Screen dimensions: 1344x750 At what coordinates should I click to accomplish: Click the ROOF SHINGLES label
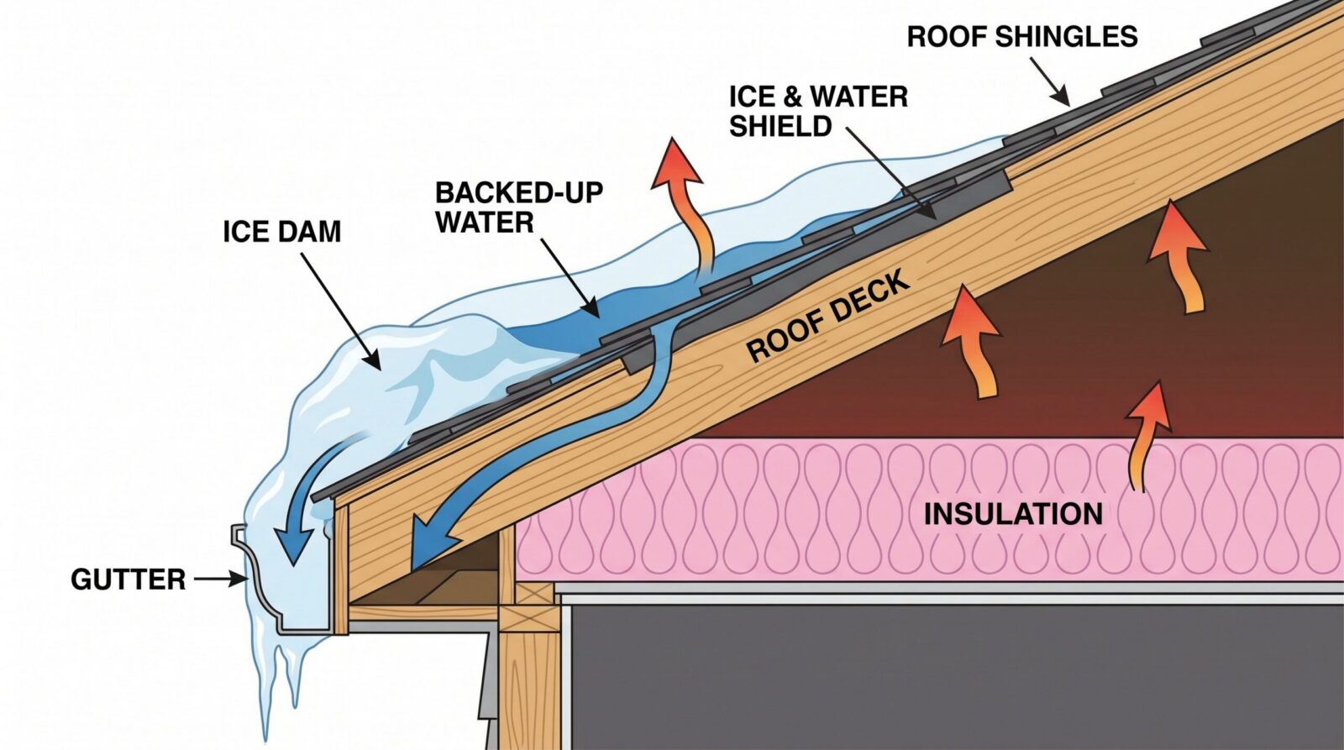tap(1021, 37)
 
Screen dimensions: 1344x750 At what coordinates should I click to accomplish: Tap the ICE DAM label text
tap(282, 232)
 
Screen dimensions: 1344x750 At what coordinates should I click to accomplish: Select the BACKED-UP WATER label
tap(519, 207)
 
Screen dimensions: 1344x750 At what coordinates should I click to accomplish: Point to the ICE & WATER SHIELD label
tap(818, 112)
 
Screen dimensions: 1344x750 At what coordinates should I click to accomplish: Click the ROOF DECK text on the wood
tap(828, 316)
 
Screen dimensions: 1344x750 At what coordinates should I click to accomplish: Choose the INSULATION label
tap(1013, 514)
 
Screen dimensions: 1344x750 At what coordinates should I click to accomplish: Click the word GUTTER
tap(129, 580)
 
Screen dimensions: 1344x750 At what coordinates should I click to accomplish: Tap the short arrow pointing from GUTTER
tap(221, 579)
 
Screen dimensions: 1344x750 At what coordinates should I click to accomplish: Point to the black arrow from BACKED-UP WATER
tap(570, 278)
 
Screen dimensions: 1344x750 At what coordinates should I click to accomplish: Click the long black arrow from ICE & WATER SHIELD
tap(891, 172)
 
